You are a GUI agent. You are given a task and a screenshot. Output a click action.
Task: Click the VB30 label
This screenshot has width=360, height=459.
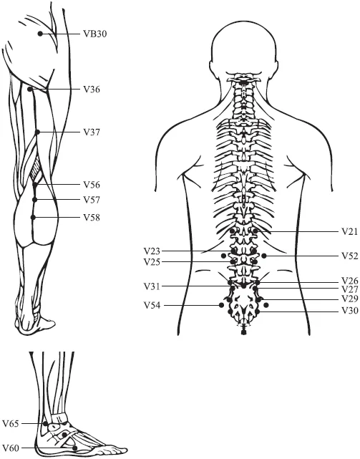(x=94, y=34)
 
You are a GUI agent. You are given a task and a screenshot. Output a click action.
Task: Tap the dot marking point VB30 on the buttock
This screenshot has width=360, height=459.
(x=40, y=34)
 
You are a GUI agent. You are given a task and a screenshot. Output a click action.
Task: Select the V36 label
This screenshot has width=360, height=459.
(x=92, y=90)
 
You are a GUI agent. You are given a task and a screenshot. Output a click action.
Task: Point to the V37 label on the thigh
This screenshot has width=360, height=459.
(x=92, y=132)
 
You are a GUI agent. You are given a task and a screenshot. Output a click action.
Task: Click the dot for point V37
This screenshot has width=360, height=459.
(x=37, y=132)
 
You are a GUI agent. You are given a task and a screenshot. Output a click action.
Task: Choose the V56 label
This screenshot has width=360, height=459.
(x=92, y=185)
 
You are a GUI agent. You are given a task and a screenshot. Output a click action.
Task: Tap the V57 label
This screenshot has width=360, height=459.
(x=92, y=200)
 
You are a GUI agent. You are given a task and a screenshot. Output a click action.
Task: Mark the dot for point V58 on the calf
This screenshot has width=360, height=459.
(x=33, y=217)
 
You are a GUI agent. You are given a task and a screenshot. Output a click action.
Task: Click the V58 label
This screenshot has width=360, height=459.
(x=92, y=218)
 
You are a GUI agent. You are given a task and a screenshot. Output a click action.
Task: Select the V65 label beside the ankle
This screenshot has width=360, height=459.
(x=11, y=424)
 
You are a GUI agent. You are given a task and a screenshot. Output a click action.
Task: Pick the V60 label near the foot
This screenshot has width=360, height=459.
(x=11, y=448)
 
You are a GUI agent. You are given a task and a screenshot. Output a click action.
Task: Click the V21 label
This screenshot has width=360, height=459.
(x=350, y=232)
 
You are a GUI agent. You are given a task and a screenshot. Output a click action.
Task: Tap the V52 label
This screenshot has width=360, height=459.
(x=350, y=256)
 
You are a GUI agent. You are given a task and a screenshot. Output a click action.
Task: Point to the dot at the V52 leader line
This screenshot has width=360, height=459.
(x=264, y=256)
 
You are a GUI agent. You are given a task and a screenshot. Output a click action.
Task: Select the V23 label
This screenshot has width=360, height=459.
(x=152, y=251)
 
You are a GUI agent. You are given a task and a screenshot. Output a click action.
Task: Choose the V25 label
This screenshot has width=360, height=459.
(x=152, y=262)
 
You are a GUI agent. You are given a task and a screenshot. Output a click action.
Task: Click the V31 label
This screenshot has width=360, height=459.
(x=152, y=286)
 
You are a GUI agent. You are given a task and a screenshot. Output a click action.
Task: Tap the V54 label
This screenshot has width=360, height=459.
(x=152, y=306)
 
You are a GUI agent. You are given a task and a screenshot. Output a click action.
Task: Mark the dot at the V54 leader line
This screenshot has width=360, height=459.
(x=222, y=305)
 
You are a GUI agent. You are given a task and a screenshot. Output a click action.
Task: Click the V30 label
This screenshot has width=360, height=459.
(x=350, y=310)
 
